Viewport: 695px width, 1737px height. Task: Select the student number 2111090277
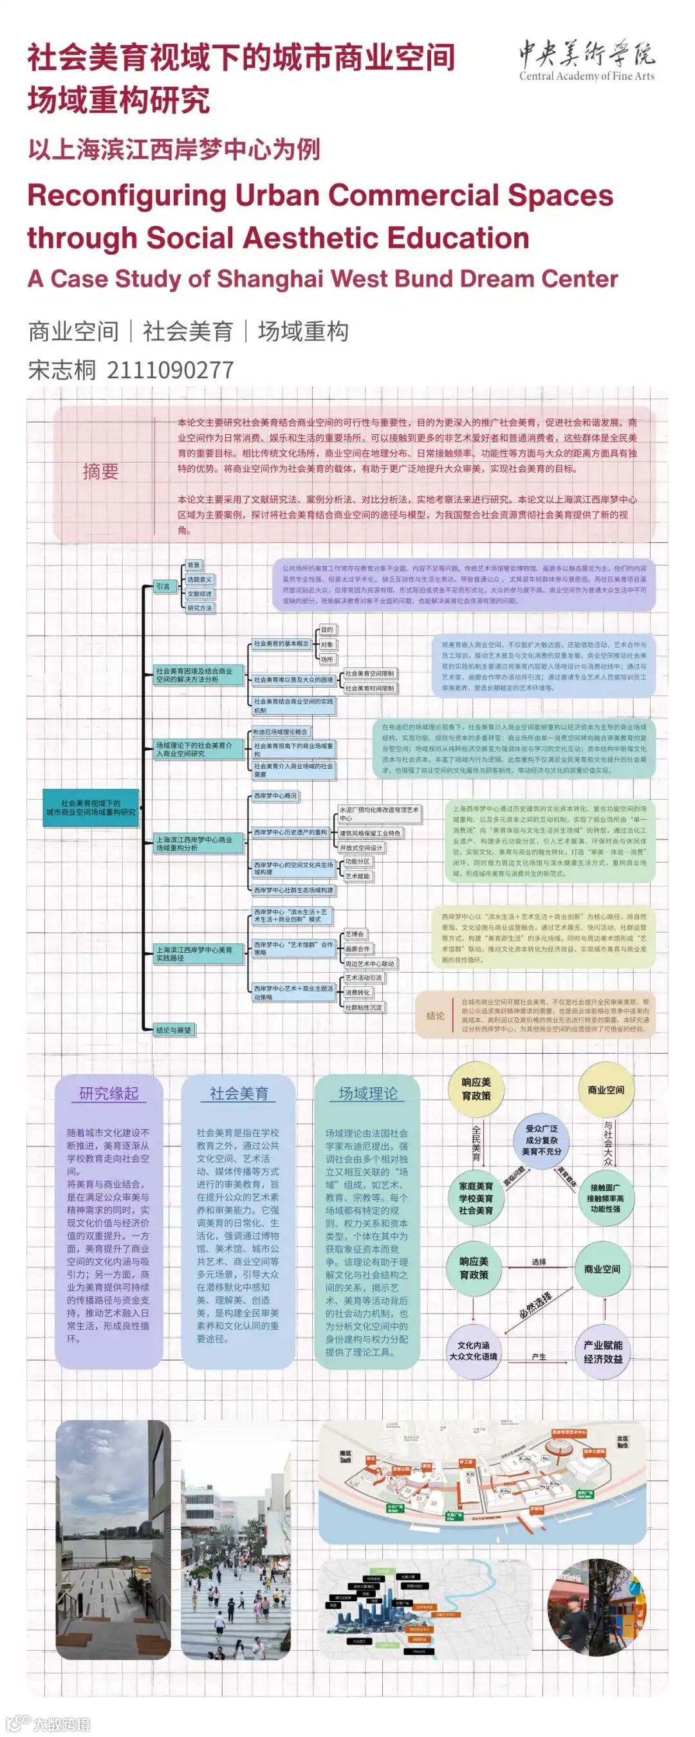click(x=170, y=369)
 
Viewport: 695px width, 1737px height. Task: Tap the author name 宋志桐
click(x=62, y=369)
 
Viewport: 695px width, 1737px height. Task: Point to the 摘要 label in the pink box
click(x=100, y=471)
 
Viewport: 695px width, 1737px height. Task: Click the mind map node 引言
click(x=163, y=586)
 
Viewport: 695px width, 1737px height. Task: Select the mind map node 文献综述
click(x=199, y=593)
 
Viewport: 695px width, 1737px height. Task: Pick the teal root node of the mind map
click(x=91, y=807)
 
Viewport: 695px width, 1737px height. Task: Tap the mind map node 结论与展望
click(x=173, y=1030)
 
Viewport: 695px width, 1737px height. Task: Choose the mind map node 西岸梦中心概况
click(x=275, y=796)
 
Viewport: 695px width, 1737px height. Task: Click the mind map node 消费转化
click(x=358, y=993)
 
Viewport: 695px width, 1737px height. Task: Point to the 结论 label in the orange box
click(x=435, y=1015)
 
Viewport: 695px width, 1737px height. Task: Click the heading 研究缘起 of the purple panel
click(x=109, y=1094)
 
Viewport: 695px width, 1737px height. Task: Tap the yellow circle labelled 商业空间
click(x=606, y=1090)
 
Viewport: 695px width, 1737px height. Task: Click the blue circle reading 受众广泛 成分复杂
click(x=541, y=1139)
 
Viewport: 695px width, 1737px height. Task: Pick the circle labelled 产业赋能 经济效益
click(x=602, y=1352)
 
